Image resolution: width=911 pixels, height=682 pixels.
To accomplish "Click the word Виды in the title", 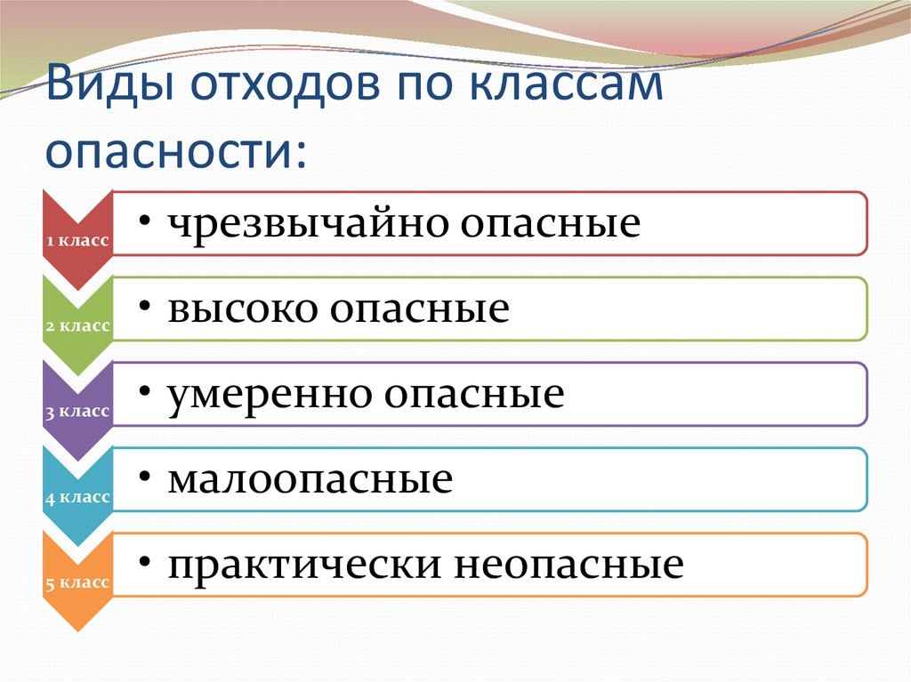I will click(99, 91).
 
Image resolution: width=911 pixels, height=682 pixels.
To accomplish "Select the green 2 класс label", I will click(77, 325).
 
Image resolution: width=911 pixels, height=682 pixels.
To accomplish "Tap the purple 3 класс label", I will click(77, 411).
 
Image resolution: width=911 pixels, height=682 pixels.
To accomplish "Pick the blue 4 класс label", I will click(77, 497).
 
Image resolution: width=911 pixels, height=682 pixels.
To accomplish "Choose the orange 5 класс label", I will click(77, 582).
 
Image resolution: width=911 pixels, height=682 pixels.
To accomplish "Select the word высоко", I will click(241, 309).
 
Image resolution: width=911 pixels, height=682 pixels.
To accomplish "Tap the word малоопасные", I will click(310, 480).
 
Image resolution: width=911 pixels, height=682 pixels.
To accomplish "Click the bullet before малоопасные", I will click(143, 477).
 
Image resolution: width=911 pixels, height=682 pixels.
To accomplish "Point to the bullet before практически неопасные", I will click(143, 562).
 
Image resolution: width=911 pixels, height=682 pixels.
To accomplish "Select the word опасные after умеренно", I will click(475, 394).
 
